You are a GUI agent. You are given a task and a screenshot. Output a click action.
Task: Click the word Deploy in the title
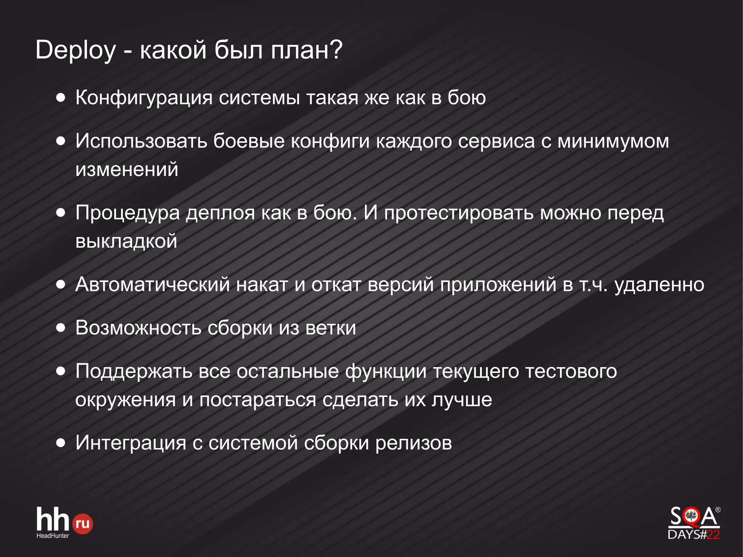tap(75, 50)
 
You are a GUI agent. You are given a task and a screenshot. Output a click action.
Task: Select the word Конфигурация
tap(144, 98)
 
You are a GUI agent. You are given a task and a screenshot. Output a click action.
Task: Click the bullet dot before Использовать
tap(61, 141)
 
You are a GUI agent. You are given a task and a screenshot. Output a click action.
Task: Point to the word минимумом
tap(613, 141)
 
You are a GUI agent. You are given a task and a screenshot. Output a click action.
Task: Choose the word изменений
tap(127, 169)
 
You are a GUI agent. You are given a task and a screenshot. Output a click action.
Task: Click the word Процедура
tap(127, 213)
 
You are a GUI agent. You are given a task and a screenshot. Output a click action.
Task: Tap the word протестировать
tap(459, 213)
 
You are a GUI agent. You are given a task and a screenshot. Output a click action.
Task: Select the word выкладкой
tap(126, 241)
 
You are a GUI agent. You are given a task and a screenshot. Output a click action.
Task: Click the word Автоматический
tap(152, 284)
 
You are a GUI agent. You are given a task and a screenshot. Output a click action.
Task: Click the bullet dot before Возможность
tap(61, 328)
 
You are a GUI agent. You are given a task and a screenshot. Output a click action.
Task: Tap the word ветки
tap(331, 328)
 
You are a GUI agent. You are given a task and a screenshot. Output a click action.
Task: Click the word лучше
tap(461, 400)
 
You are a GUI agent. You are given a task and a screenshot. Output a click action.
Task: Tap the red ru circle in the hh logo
tap(83, 524)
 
